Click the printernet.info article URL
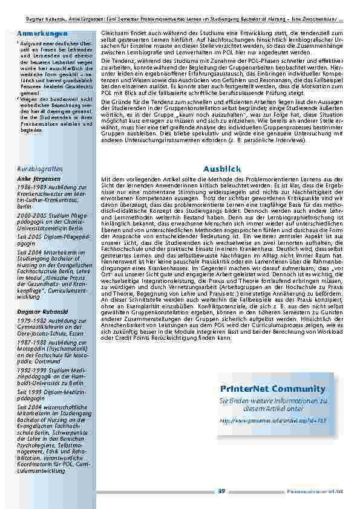[x=273, y=420]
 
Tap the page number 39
[x=221, y=490]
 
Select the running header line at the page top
[x=180, y=4]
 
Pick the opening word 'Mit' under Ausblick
[x=106, y=180]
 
